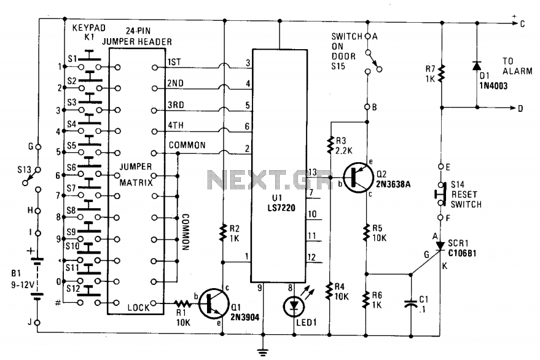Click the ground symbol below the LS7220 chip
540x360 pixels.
coord(263,352)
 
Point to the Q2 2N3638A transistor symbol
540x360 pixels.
coord(358,178)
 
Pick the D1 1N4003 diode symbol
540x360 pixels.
coord(477,66)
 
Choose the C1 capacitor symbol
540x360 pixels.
coord(411,303)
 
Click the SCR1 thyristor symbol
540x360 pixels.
coord(440,245)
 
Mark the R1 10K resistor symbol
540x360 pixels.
coord(182,303)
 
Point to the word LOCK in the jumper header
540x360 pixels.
coord(138,307)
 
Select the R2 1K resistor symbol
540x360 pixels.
coord(223,233)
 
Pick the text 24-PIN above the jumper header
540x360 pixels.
coord(138,31)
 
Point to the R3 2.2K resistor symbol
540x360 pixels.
coord(331,145)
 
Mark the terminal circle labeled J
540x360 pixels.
coord(37,323)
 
